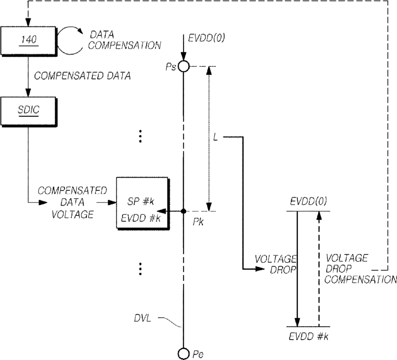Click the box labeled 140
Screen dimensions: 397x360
point(28,41)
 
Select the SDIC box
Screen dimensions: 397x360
point(28,111)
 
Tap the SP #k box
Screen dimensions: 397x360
point(142,203)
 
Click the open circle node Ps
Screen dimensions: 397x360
point(184,67)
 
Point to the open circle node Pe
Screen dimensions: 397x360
point(184,354)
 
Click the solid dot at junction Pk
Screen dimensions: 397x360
point(184,211)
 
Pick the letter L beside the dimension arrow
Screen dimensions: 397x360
point(216,137)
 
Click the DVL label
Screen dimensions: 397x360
point(142,318)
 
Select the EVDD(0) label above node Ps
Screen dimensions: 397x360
point(206,38)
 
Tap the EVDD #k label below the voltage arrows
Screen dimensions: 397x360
point(308,336)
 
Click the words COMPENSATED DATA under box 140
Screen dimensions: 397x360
point(83,76)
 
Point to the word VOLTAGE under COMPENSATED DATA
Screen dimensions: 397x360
point(73,215)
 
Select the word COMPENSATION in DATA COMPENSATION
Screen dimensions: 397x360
point(125,45)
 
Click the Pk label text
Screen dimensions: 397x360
point(198,222)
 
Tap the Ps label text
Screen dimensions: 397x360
point(171,67)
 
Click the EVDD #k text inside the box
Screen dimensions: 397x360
point(141,218)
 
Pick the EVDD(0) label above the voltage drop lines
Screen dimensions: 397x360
point(308,201)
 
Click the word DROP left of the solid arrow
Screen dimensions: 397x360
point(283,270)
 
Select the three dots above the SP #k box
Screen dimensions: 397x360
point(140,136)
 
